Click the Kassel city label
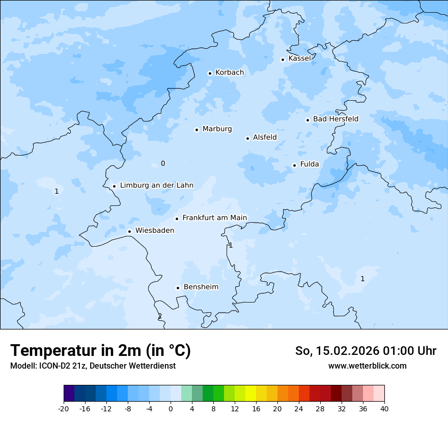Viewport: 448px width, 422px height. [x=299, y=58]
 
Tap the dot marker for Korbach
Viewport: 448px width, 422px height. [x=210, y=73]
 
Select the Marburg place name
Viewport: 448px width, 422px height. [x=217, y=129]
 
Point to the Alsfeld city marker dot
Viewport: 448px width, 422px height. [x=248, y=138]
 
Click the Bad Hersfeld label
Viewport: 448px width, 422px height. [x=335, y=119]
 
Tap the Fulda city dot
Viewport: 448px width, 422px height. [x=294, y=165]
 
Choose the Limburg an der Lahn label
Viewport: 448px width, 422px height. [x=156, y=186]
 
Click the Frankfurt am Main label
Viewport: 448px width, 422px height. [x=214, y=218]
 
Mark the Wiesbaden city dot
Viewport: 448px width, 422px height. [x=130, y=232]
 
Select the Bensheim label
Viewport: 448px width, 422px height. [x=201, y=287]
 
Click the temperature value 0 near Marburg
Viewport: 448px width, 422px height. [x=163, y=163]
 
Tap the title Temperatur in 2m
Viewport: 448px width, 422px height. [x=100, y=351]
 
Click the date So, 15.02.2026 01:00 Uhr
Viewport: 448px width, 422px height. [x=366, y=351]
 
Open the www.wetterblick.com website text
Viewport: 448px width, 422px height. [x=367, y=366]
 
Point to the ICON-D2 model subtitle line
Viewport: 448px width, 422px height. [x=93, y=366]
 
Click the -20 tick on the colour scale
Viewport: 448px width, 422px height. [x=64, y=409]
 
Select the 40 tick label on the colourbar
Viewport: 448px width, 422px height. [x=384, y=409]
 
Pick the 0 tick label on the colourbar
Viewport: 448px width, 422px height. [x=171, y=409]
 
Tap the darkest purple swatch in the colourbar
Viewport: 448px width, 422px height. [x=69, y=394]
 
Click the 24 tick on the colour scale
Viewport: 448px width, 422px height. [x=299, y=409]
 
